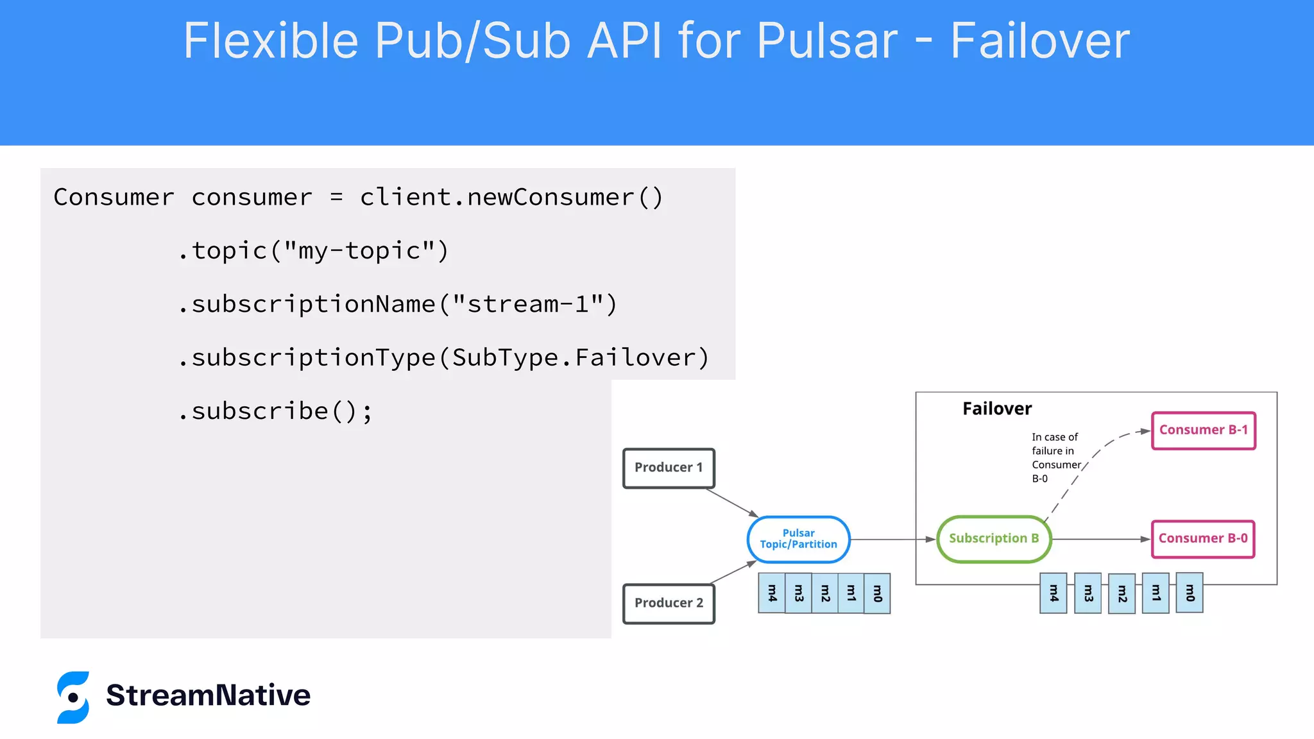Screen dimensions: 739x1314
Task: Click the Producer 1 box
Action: click(x=669, y=468)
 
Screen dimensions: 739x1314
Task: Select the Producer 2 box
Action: click(x=669, y=603)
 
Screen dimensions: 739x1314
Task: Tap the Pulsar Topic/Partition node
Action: click(x=798, y=539)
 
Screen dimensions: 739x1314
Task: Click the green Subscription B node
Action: click(x=993, y=539)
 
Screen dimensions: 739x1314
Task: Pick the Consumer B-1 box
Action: click(x=1203, y=430)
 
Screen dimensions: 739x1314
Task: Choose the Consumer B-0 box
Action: click(x=1203, y=539)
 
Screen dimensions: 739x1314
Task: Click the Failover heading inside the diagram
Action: click(x=996, y=409)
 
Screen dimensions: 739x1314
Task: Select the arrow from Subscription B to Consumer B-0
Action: click(x=1100, y=539)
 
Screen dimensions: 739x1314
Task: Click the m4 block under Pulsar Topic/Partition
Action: click(x=772, y=593)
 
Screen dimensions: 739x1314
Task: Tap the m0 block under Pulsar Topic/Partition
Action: click(x=877, y=593)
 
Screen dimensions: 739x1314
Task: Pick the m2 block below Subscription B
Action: click(x=1122, y=593)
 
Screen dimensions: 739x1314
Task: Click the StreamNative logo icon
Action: click(x=73, y=697)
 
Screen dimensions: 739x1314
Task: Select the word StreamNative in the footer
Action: click(x=208, y=695)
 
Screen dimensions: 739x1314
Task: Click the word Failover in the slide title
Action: click(x=1039, y=41)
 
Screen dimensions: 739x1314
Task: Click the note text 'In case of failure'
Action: click(x=1055, y=444)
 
